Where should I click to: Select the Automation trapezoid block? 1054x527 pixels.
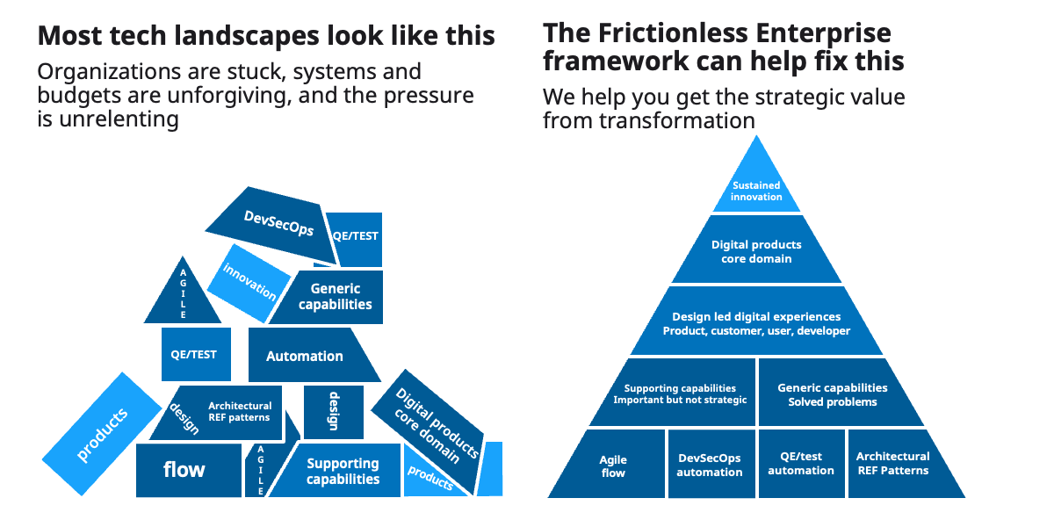(x=306, y=356)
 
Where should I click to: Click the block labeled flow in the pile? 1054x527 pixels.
(x=186, y=470)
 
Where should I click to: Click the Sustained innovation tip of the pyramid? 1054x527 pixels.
(x=756, y=191)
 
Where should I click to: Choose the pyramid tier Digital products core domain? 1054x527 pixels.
(x=756, y=251)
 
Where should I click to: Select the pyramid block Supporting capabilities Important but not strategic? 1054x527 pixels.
(x=681, y=393)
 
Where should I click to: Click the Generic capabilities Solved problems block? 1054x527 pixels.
(x=832, y=393)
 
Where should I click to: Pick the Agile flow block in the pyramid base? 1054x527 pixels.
(x=612, y=466)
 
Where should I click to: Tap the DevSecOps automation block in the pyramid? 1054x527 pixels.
(x=710, y=465)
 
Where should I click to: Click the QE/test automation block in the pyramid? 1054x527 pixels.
(x=801, y=463)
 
